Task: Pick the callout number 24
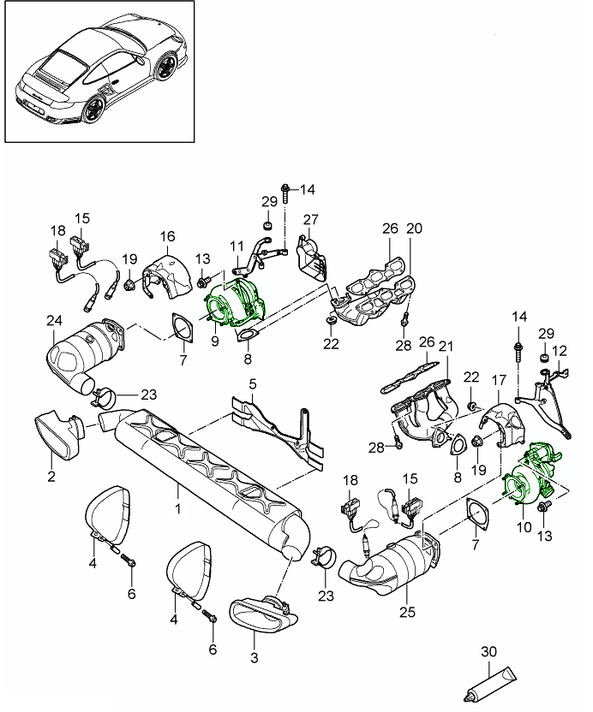(x=54, y=323)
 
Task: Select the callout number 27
(x=309, y=219)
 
